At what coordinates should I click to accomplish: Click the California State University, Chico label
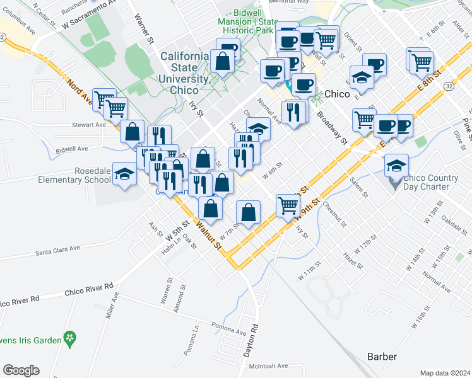pos(185,73)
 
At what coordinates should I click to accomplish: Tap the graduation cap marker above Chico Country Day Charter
pos(396,166)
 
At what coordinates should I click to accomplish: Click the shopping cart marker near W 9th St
pos(288,205)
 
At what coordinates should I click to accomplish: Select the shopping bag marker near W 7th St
pos(249,212)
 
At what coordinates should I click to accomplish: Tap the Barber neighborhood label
pos(382,357)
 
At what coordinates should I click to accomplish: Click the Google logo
pos(21,370)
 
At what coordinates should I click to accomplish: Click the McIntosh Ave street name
pos(268,365)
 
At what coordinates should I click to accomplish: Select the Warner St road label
pos(145,30)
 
